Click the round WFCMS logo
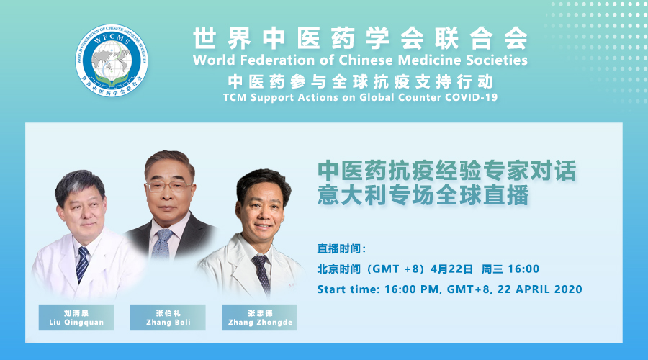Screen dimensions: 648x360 pos(112,60)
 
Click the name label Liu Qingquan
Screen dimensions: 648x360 pos(76,318)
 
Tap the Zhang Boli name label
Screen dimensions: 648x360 pos(168,318)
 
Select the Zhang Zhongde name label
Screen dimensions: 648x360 pos(259,318)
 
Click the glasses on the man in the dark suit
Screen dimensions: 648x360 pos(169,186)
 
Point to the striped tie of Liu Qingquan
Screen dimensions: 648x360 pos(82,264)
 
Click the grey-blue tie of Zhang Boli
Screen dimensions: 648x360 pos(162,244)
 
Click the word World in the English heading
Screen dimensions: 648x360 pos(215,60)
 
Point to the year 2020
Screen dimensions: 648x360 pos(568,289)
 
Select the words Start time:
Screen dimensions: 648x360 pos(348,289)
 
